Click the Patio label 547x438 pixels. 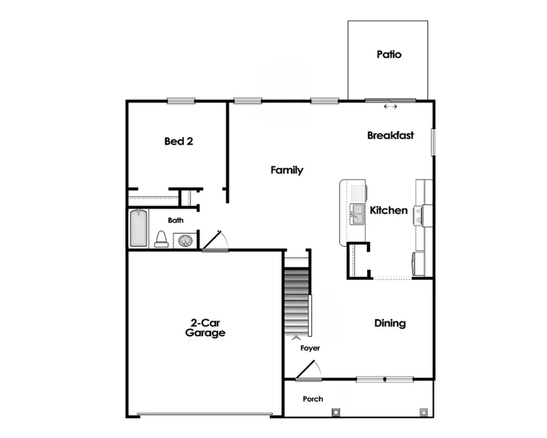pyautogui.click(x=389, y=54)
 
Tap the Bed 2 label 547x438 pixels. pyautogui.click(x=179, y=141)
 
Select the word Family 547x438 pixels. pyautogui.click(x=287, y=170)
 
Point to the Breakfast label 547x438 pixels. pyautogui.click(x=390, y=135)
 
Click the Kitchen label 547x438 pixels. pyautogui.click(x=389, y=210)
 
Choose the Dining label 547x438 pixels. pyautogui.click(x=390, y=323)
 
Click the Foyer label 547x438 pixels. pyautogui.click(x=310, y=348)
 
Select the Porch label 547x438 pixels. pyautogui.click(x=313, y=399)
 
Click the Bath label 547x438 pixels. pyautogui.click(x=176, y=220)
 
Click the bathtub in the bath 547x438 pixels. pyautogui.click(x=139, y=228)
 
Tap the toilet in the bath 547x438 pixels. pyautogui.click(x=162, y=239)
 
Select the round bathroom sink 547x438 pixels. pyautogui.click(x=185, y=241)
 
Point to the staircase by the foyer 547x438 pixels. pyautogui.click(x=297, y=298)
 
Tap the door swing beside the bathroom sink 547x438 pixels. pyautogui.click(x=215, y=241)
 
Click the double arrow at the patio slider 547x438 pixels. pyautogui.click(x=390, y=106)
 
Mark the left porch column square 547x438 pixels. pyautogui.click(x=335, y=412)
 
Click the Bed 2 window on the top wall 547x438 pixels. pyautogui.click(x=181, y=101)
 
